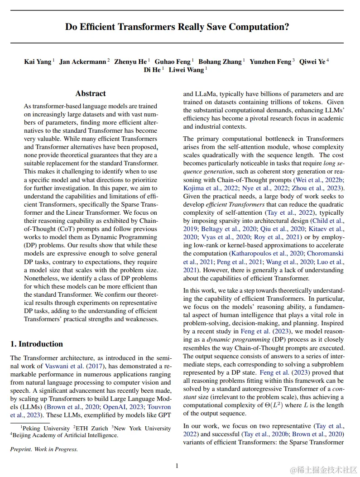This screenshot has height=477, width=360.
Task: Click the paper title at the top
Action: pos(177,27)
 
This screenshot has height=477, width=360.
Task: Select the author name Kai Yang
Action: pos(38,62)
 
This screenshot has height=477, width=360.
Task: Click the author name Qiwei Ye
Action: pos(312,62)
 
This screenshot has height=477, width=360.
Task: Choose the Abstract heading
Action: pos(91,94)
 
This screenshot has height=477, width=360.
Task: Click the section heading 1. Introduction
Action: pos(37,344)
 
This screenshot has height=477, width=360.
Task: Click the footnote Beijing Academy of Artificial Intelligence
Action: pos(65,435)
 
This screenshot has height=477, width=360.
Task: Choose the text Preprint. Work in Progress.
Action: pos(44,449)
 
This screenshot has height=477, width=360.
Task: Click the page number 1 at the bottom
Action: pos(177,465)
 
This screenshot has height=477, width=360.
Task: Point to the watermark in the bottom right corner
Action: pos(324,469)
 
